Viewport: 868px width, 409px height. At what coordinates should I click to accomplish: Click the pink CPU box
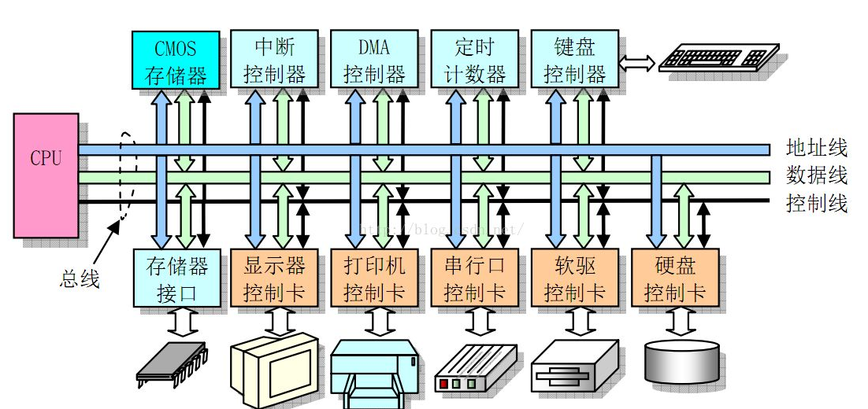46,175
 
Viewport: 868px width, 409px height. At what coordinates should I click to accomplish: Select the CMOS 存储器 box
175,60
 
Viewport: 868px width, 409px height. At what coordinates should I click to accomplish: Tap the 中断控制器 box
274,60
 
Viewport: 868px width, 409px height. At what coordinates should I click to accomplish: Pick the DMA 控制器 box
374,60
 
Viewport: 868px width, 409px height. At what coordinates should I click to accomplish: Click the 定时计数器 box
474,60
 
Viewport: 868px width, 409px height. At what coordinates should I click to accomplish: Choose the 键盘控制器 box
574,60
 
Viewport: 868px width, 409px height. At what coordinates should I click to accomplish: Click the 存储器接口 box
177,278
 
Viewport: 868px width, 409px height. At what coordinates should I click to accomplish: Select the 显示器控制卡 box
274,278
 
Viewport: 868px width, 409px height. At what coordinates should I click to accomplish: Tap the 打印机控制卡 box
374,278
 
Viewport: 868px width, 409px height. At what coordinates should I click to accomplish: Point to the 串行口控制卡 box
474,278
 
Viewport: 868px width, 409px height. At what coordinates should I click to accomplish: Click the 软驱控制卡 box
574,278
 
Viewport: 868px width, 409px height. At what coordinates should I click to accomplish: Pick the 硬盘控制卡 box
674,278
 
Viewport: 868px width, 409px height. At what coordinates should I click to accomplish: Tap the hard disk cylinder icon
681,360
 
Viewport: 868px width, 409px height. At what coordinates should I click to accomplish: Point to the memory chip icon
172,367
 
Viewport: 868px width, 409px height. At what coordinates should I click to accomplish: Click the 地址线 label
816,147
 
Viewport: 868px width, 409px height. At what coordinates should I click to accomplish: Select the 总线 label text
80,278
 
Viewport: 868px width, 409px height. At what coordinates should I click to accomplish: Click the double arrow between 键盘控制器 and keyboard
637,63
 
